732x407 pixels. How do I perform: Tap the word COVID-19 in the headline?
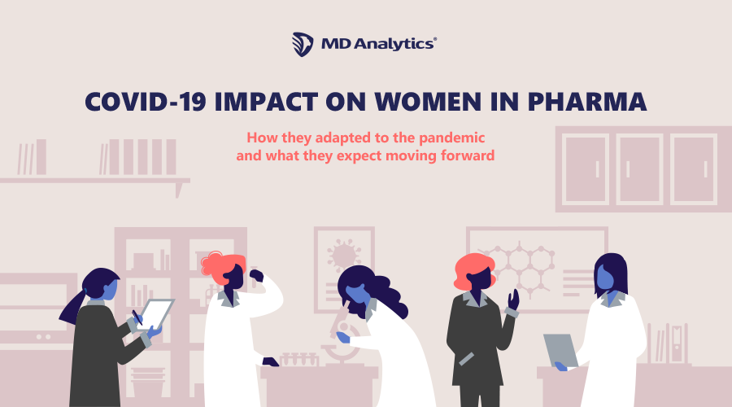coord(145,102)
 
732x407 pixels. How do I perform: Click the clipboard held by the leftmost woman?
coord(158,313)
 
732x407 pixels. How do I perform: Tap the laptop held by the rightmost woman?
coord(560,348)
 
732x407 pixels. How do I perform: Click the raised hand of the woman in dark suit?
coord(513,299)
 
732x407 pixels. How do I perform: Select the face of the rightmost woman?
coord(606,279)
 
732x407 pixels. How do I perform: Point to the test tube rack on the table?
coord(300,359)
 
